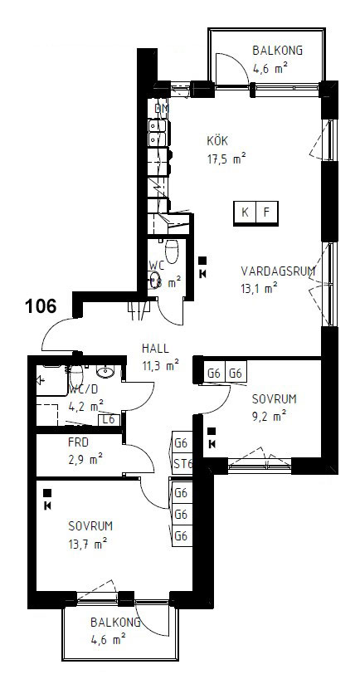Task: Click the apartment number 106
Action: click(x=40, y=306)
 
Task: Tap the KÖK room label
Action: click(x=218, y=140)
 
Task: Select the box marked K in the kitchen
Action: click(x=245, y=212)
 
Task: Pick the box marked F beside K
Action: click(x=266, y=212)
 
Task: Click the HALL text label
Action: click(x=156, y=349)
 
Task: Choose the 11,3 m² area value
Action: click(x=159, y=364)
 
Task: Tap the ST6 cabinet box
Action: click(x=182, y=463)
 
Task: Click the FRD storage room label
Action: click(x=79, y=442)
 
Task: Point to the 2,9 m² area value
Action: click(x=85, y=457)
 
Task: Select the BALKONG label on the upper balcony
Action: click(x=277, y=51)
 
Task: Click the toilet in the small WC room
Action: click(x=172, y=249)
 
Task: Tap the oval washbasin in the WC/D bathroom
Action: click(x=104, y=371)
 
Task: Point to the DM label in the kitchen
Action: click(x=161, y=109)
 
